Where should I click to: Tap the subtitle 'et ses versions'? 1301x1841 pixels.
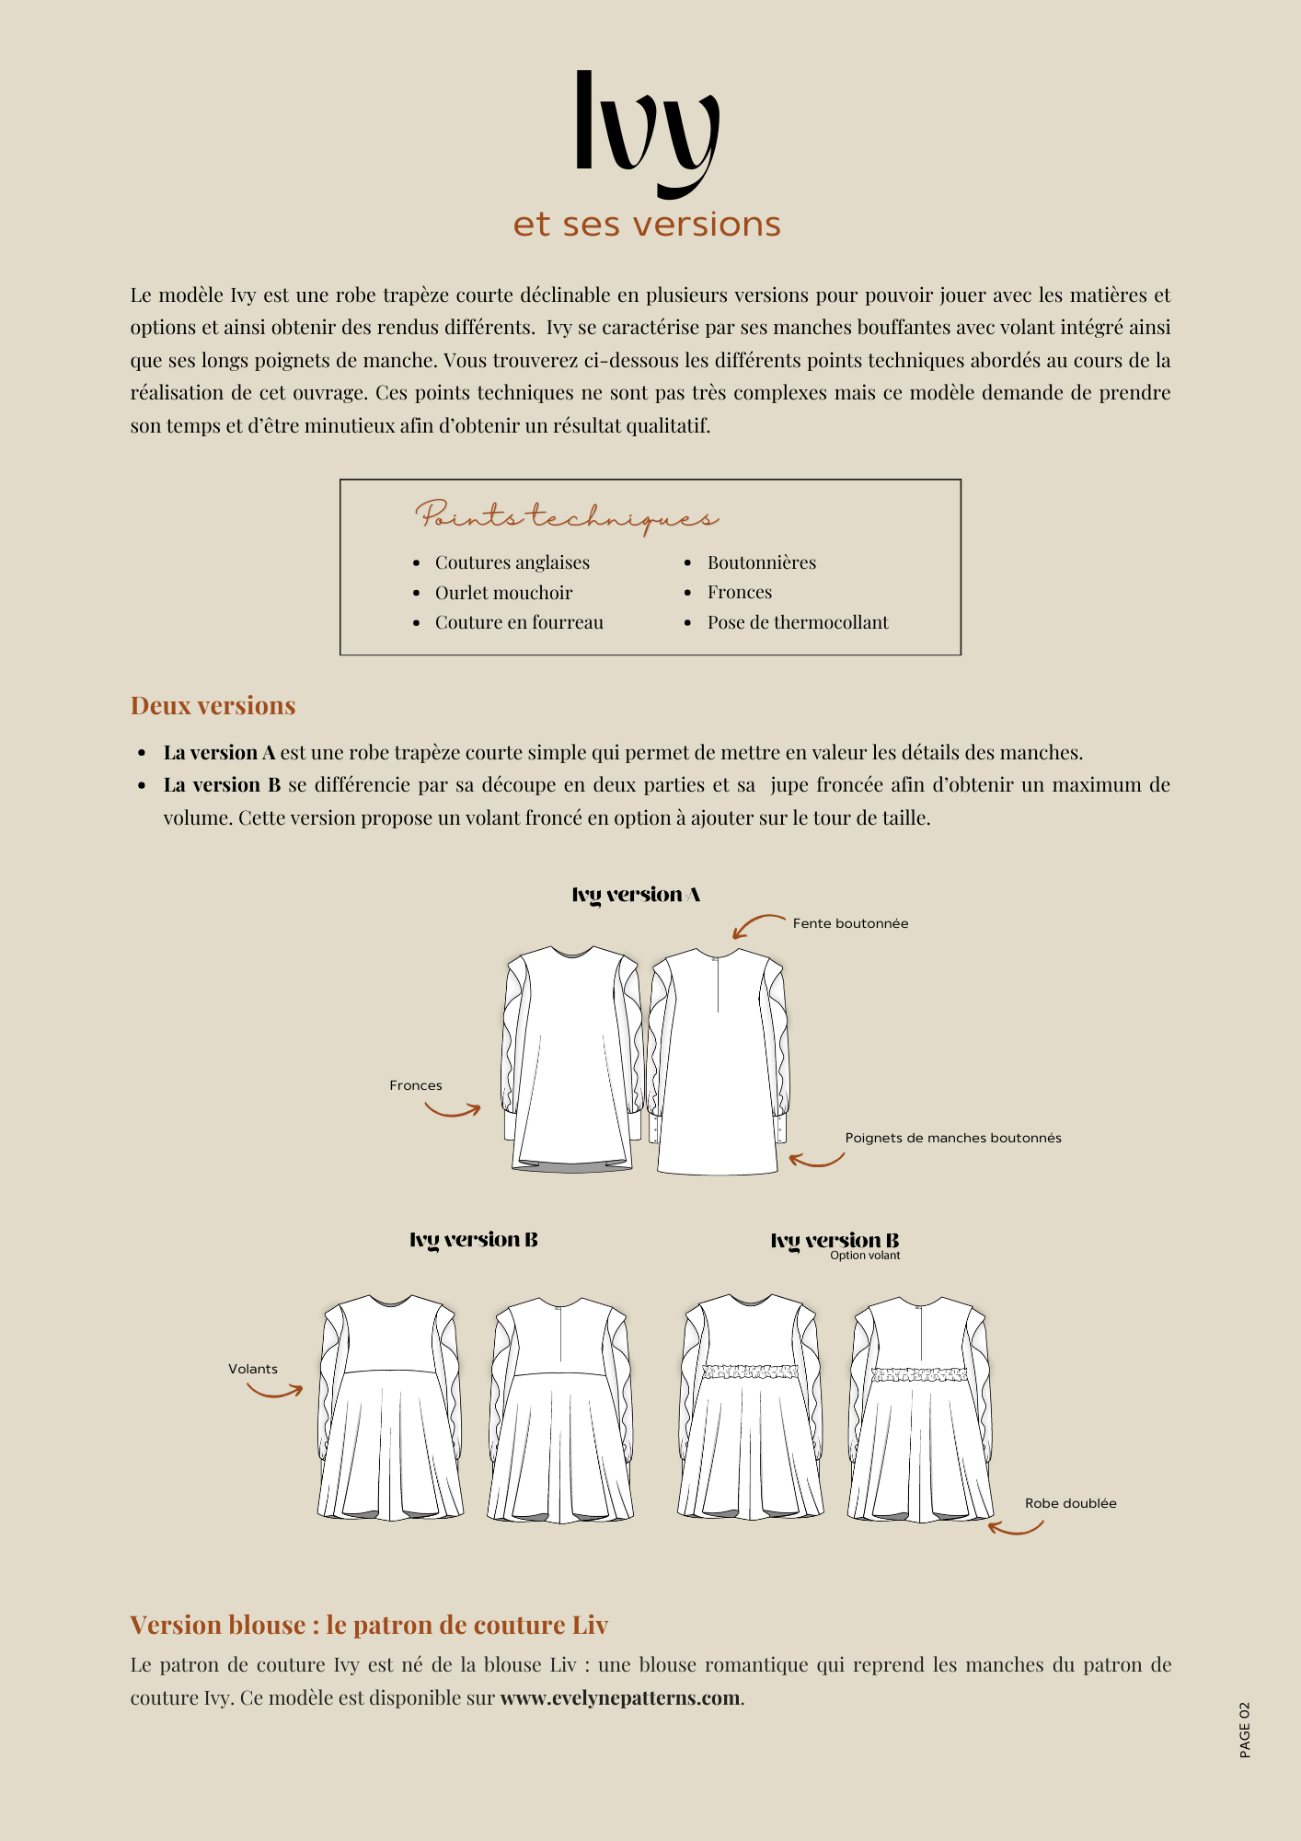[x=647, y=225]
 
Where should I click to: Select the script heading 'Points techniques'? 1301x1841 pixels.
[x=566, y=517]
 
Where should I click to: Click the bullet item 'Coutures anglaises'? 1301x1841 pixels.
[x=512, y=562]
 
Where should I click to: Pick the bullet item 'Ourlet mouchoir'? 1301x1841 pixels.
[x=503, y=593]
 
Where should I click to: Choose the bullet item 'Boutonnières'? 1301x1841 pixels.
[x=761, y=562]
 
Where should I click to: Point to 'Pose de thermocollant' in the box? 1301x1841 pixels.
[x=797, y=622]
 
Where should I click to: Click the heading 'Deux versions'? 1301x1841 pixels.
[x=213, y=706]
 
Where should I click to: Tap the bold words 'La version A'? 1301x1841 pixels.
[x=219, y=753]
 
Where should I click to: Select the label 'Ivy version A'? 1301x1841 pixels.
[x=636, y=895]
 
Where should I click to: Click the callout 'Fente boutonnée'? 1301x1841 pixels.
[x=850, y=923]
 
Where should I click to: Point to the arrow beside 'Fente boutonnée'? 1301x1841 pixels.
[x=757, y=925]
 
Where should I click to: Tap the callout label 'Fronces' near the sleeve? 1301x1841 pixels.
[x=415, y=1085]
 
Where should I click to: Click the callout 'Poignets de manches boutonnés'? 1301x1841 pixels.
[x=952, y=1138]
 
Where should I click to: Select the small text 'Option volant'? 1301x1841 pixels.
[x=865, y=1256]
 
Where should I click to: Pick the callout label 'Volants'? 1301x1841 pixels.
[x=253, y=1369]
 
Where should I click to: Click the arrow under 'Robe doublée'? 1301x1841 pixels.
[x=1016, y=1528]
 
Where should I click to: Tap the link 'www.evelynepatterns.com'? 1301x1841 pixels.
[x=619, y=1698]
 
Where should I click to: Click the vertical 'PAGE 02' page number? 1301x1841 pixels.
[x=1245, y=1730]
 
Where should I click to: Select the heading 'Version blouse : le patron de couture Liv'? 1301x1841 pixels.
[x=369, y=1626]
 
